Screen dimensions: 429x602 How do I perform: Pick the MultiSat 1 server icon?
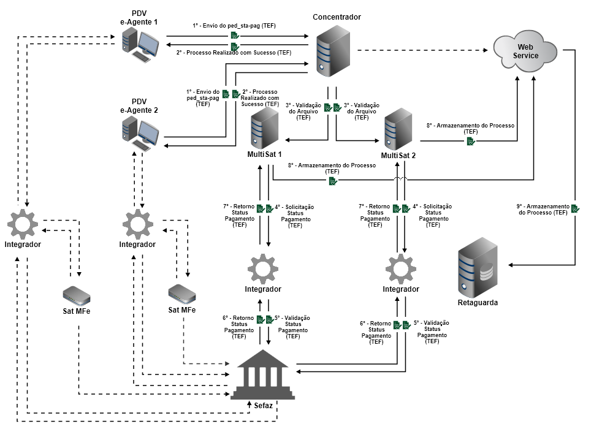pyautogui.click(x=265, y=127)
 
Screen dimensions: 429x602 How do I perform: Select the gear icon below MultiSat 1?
pyautogui.click(x=264, y=268)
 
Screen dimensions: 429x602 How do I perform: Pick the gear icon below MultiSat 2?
pyautogui.click(x=401, y=268)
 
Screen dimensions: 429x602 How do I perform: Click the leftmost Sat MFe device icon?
pyautogui.click(x=77, y=295)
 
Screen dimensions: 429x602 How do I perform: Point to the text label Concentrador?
pyautogui.click(x=337, y=17)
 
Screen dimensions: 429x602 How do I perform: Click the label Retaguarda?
pyautogui.click(x=478, y=303)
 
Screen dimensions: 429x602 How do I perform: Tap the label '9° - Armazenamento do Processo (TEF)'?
pyautogui.click(x=543, y=210)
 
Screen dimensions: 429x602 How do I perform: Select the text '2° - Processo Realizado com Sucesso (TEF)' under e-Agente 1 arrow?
pyautogui.click(x=234, y=53)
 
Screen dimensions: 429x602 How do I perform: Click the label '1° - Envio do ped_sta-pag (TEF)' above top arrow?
pyautogui.click(x=234, y=26)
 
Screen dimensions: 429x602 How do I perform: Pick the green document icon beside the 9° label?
pyautogui.click(x=575, y=209)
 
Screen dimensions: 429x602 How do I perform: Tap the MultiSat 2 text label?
pyautogui.click(x=398, y=156)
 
